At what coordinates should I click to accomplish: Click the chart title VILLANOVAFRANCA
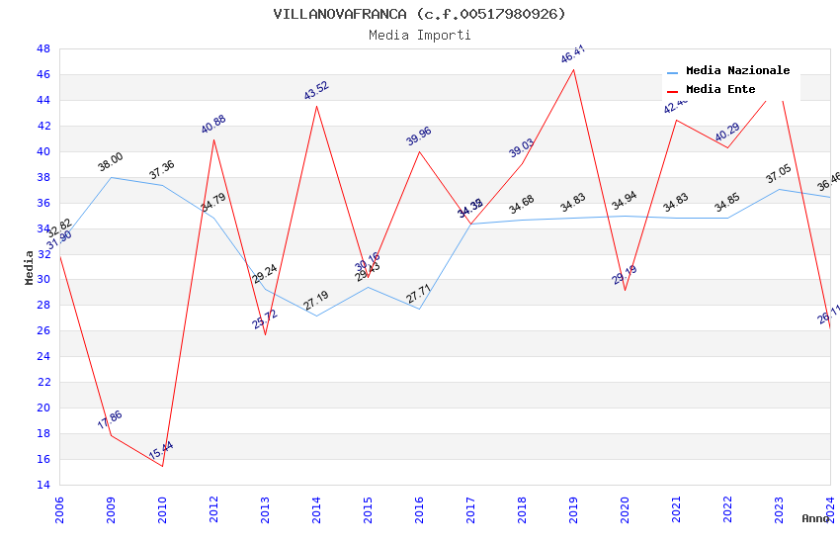click(419, 14)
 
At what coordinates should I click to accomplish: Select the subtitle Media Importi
click(419, 35)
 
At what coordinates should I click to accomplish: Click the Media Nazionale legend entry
click(737, 70)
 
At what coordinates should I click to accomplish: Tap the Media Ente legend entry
click(720, 89)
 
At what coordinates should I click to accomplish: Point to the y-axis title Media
click(29, 266)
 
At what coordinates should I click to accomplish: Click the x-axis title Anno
click(815, 518)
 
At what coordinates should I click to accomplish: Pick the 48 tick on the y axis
click(43, 48)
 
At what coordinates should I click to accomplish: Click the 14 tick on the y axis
click(43, 485)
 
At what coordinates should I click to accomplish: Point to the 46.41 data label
click(573, 53)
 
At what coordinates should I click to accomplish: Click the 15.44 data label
click(161, 451)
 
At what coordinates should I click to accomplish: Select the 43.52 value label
click(316, 91)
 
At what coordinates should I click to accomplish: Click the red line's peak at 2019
click(573, 68)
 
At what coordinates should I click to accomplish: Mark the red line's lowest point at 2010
click(162, 466)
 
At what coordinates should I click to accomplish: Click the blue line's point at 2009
click(111, 177)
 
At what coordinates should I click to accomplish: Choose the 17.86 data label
click(110, 419)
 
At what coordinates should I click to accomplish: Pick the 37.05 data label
click(779, 175)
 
